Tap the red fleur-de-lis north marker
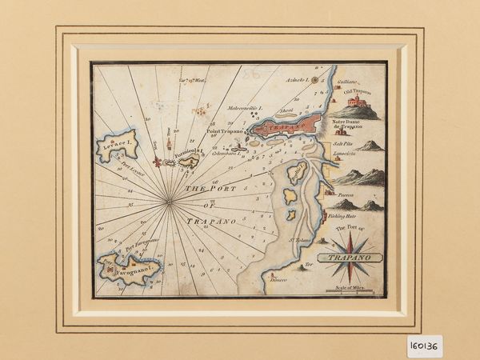pos(157,162)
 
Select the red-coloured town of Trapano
pos(284,126)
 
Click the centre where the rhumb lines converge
pos(170,203)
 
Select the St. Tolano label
pos(298,239)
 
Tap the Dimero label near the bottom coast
pos(278,279)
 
